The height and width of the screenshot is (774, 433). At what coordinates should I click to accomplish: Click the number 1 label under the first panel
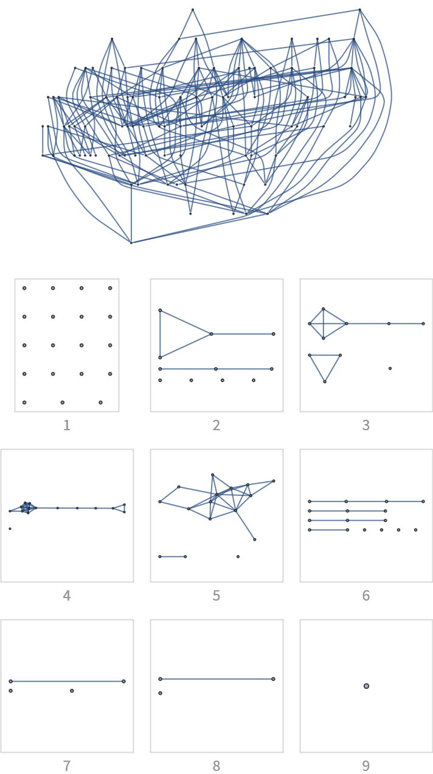tap(67, 425)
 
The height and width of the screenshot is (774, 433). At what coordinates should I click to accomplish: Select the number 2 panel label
tap(216, 425)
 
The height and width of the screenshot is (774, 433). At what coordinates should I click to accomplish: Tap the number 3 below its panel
tap(366, 425)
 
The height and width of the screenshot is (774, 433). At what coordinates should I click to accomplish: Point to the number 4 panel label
tap(67, 596)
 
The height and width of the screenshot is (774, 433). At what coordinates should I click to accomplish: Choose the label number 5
tap(216, 596)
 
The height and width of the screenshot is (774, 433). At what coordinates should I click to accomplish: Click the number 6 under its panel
tap(366, 596)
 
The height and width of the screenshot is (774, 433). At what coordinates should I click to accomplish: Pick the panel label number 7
tap(67, 766)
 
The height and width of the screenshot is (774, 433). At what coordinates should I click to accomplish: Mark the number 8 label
tap(216, 766)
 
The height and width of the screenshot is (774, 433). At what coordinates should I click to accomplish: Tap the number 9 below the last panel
tap(366, 766)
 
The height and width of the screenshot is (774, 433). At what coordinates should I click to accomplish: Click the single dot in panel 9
tap(366, 686)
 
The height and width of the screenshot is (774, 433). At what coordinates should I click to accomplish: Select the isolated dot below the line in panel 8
tap(160, 693)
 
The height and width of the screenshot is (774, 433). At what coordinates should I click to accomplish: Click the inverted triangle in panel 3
tap(325, 365)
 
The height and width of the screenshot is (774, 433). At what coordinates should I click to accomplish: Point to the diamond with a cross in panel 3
tap(324, 323)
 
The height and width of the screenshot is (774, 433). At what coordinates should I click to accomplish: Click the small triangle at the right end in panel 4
tap(120, 508)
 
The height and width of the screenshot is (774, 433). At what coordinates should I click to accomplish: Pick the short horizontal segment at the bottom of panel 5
tap(172, 556)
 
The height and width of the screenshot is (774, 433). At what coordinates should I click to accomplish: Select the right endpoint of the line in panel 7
tap(123, 681)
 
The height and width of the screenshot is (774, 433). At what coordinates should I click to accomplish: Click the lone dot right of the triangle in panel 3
tap(390, 368)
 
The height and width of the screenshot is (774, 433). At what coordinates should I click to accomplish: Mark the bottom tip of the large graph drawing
tap(131, 242)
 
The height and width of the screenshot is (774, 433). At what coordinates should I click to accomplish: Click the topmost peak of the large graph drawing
tap(193, 10)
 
